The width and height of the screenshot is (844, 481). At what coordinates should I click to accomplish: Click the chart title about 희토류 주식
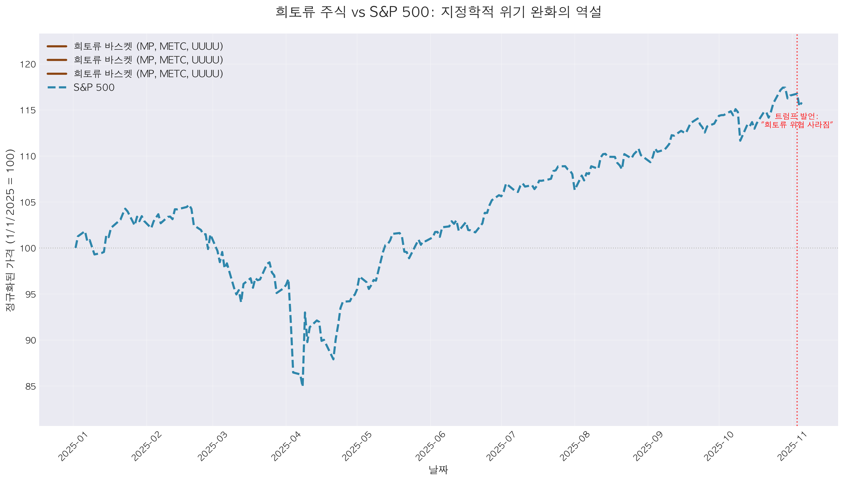pyautogui.click(x=438, y=12)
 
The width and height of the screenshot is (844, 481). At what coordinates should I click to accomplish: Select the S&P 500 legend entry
pyautogui.click(x=94, y=88)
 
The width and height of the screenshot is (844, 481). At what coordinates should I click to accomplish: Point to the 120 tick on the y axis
pyautogui.click(x=28, y=64)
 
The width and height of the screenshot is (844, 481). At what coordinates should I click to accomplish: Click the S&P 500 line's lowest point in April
pyautogui.click(x=302, y=385)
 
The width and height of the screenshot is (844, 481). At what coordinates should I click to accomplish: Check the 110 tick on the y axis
pyautogui.click(x=28, y=156)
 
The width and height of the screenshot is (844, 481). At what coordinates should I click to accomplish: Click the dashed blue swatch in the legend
pyautogui.click(x=57, y=88)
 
